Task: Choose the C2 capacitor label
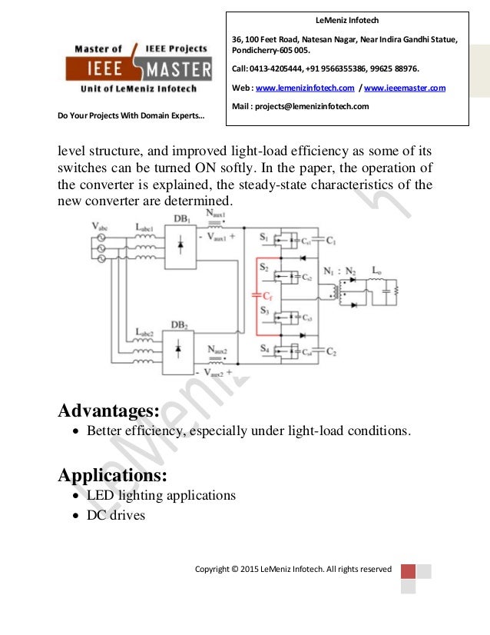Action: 331,352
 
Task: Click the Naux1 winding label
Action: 217,213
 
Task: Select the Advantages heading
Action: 109,411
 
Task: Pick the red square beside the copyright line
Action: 408,571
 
